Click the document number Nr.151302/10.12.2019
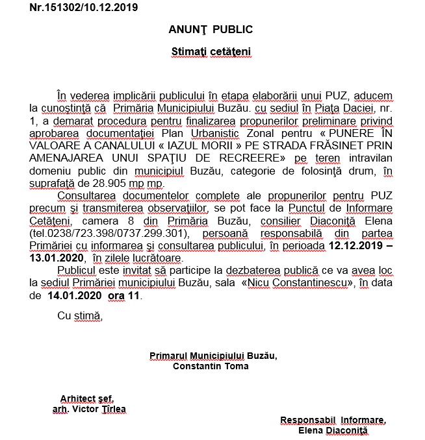pos(84,8)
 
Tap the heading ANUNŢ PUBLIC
pos(211,30)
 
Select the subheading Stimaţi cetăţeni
pos(211,51)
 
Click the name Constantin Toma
pos(211,365)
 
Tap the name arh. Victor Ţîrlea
pos(89,409)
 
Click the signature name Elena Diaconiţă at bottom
pos(333,430)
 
